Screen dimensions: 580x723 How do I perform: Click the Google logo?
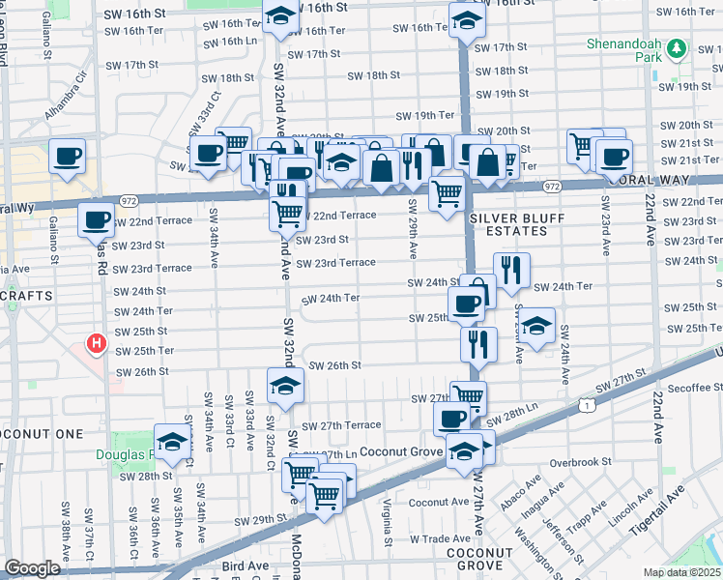point(32,568)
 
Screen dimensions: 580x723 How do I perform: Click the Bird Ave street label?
point(245,564)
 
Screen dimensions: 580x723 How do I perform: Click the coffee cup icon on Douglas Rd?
point(97,221)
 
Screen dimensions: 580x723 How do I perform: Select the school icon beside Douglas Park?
point(172,442)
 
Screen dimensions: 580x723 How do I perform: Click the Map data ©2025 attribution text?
point(681,572)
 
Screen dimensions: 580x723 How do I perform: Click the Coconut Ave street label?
point(438,502)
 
